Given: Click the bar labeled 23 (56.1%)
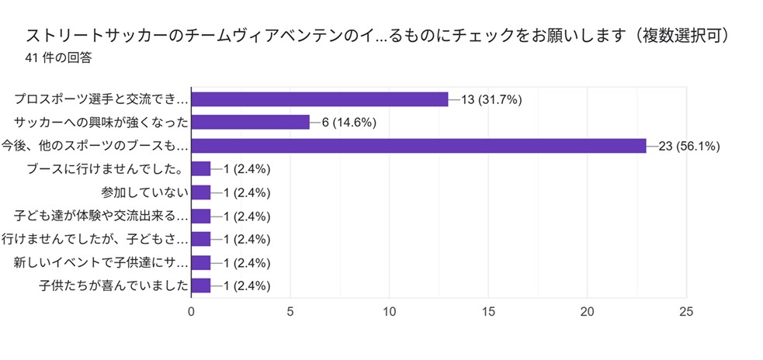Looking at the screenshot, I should point(418,145).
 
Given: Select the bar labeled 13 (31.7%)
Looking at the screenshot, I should point(320,99).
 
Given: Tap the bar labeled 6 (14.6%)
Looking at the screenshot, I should point(250,122).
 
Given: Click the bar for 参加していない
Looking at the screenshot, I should point(200,192).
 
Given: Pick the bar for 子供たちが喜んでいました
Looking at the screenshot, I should point(200,286).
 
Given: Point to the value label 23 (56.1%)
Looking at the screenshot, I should point(689,146).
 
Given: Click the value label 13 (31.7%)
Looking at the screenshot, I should point(491,99).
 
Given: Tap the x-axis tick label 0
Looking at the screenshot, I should point(192,312).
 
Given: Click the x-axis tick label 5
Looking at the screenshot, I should point(290,312).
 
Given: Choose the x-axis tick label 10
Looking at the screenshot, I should point(390,312).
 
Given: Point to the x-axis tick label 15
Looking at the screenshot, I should point(489,312).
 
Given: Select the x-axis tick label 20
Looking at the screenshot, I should point(588,312).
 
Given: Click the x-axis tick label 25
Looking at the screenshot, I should point(687,312).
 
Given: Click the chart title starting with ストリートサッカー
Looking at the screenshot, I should point(381,36).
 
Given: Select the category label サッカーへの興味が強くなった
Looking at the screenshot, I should point(102,123).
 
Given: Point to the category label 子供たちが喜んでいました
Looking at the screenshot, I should point(113,286).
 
